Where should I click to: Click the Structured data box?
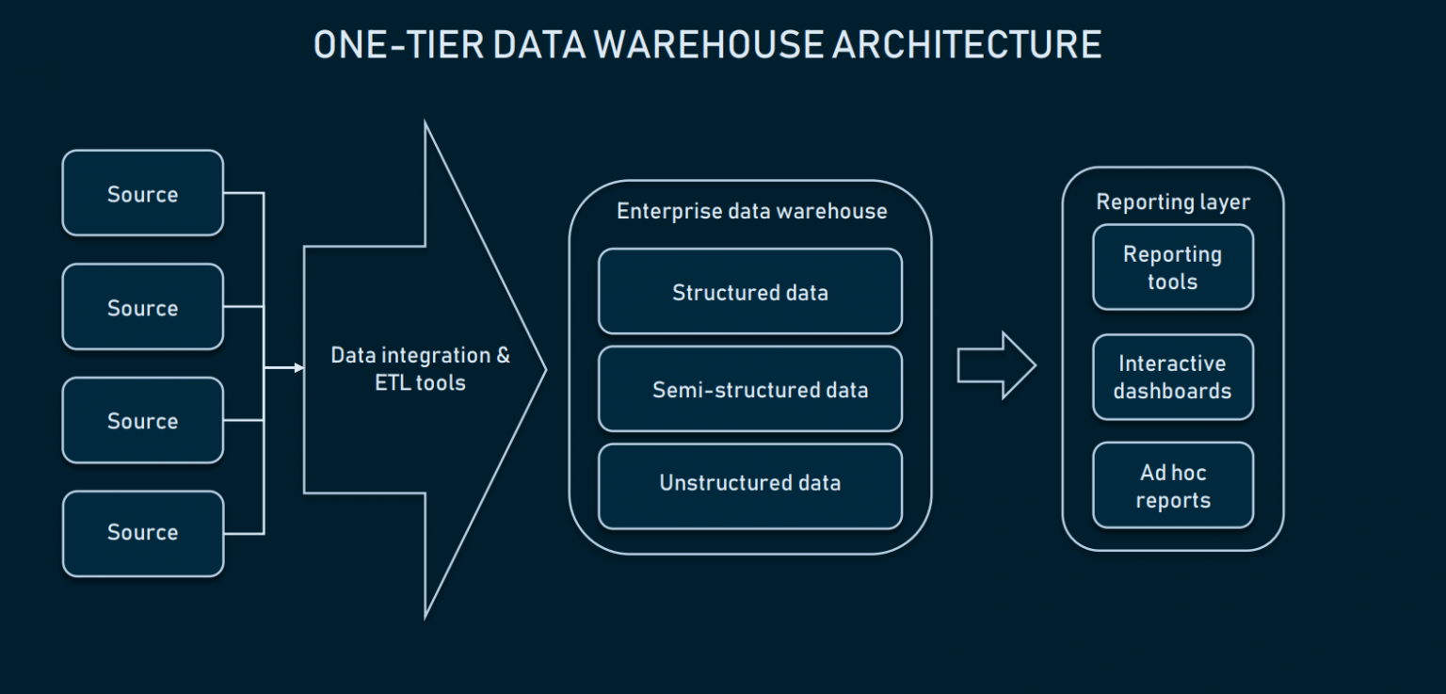(x=750, y=292)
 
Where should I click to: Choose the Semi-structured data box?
(x=750, y=389)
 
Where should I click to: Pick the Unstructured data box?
(x=750, y=484)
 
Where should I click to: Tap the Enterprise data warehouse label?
(x=751, y=211)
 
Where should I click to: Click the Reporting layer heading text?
(x=1173, y=202)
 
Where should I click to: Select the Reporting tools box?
(x=1173, y=267)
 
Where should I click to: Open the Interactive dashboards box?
(x=1173, y=377)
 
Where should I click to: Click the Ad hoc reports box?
(x=1173, y=486)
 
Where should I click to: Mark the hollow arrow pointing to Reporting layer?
(x=996, y=365)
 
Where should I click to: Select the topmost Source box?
(x=143, y=194)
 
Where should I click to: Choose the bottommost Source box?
(x=143, y=533)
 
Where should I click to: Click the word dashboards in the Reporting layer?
(x=1173, y=391)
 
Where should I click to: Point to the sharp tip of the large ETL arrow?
(x=545, y=369)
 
